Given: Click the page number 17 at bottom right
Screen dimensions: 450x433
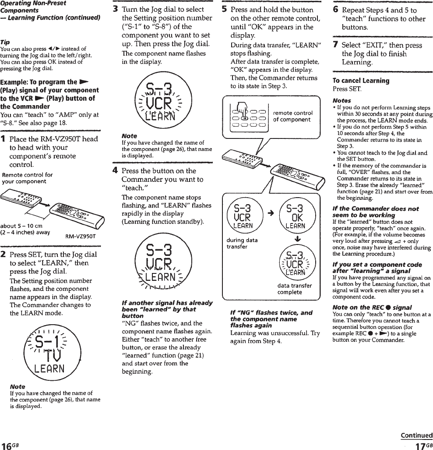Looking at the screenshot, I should coord(421,445).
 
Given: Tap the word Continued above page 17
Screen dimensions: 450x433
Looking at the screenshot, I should coord(416,435).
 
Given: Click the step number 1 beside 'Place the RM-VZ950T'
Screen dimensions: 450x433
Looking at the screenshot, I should coord(3,139).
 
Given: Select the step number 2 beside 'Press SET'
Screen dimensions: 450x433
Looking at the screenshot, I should coord(4,255).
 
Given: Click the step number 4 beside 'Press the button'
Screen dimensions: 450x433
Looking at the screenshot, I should coord(115,171).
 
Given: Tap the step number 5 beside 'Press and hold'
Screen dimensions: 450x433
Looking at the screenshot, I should coord(224,9).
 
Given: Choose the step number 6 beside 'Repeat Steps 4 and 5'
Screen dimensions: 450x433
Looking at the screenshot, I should coord(335,10).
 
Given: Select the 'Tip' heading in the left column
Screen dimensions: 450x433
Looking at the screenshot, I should coord(5,42).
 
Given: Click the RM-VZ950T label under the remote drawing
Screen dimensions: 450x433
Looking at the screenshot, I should coord(81,237).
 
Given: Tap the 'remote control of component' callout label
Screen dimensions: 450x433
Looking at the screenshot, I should coord(292,116).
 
